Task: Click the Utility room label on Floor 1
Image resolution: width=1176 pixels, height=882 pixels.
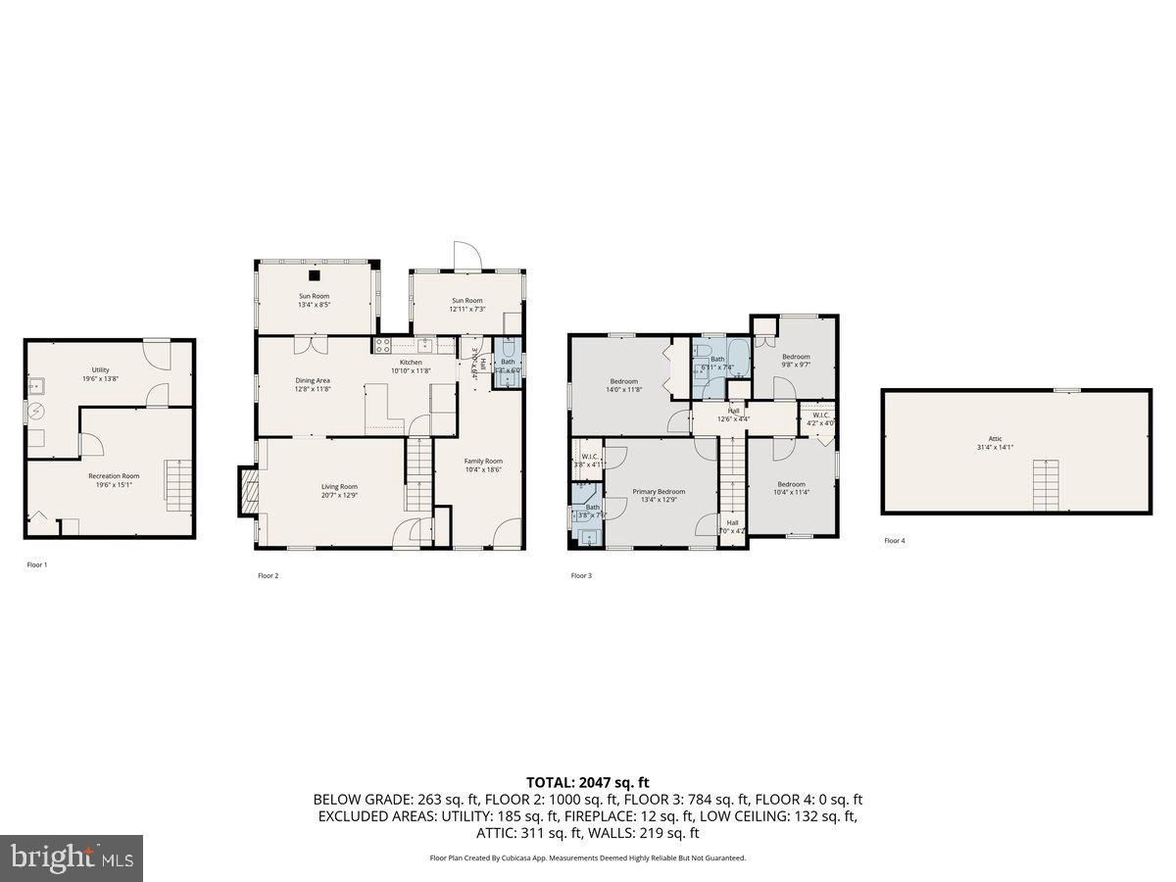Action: pos(100,369)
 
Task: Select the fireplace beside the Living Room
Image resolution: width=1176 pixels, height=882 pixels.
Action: pos(246,490)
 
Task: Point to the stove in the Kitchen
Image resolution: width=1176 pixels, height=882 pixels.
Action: pos(382,345)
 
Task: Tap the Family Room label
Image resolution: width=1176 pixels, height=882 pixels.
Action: pos(483,461)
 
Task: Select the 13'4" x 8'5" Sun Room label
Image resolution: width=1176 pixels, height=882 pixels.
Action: pos(314,296)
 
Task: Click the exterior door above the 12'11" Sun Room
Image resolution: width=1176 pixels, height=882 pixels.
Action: pos(466,257)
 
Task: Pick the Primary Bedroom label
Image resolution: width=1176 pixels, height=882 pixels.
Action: pos(659,491)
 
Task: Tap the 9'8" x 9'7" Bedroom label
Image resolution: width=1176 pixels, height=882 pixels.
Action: pos(796,357)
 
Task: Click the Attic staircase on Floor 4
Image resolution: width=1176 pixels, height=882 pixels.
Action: pos(1046,485)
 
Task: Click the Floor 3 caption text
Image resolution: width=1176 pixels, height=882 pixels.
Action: pos(581,575)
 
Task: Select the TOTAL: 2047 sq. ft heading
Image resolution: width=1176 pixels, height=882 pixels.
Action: pos(588,782)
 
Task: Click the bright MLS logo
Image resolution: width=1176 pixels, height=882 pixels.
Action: pos(72,858)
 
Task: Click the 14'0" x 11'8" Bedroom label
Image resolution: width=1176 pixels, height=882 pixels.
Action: pos(624,381)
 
